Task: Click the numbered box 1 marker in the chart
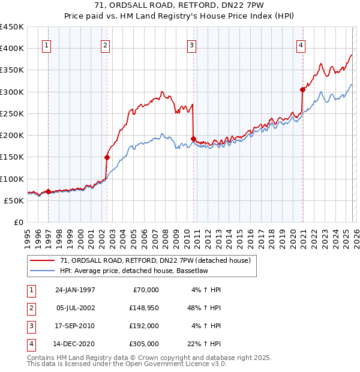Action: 47,44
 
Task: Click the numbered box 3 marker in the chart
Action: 191,44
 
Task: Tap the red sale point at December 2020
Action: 302,89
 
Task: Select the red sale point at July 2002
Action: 107,157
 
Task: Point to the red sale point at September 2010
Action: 193,139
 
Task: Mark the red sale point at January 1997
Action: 49,192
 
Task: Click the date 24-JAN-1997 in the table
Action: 75,290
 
